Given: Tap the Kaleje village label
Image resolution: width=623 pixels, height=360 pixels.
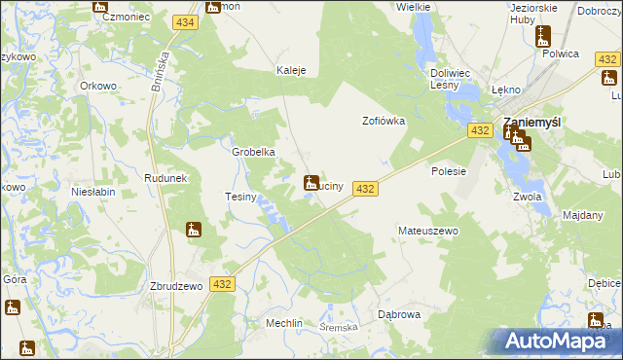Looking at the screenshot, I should tap(292, 70).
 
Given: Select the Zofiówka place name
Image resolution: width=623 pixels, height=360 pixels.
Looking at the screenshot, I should tap(383, 122).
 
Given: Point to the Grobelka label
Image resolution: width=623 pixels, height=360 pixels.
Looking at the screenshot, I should tap(253, 152).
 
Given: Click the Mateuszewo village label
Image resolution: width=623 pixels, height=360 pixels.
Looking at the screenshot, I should tap(428, 232).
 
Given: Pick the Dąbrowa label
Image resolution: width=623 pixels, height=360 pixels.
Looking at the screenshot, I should tap(398, 314).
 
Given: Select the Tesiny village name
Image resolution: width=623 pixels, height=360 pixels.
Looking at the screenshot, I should tap(240, 197).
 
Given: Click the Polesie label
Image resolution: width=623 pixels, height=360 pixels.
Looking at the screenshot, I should tap(450, 170).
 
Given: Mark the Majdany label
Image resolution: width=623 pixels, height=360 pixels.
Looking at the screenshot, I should tap(583, 214).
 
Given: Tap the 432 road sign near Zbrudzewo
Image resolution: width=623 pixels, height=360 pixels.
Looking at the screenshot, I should tap(222, 283).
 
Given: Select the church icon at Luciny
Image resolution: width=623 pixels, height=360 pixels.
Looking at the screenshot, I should tap(311, 182).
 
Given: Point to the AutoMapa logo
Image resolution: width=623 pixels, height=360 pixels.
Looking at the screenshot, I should tap(560, 342).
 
